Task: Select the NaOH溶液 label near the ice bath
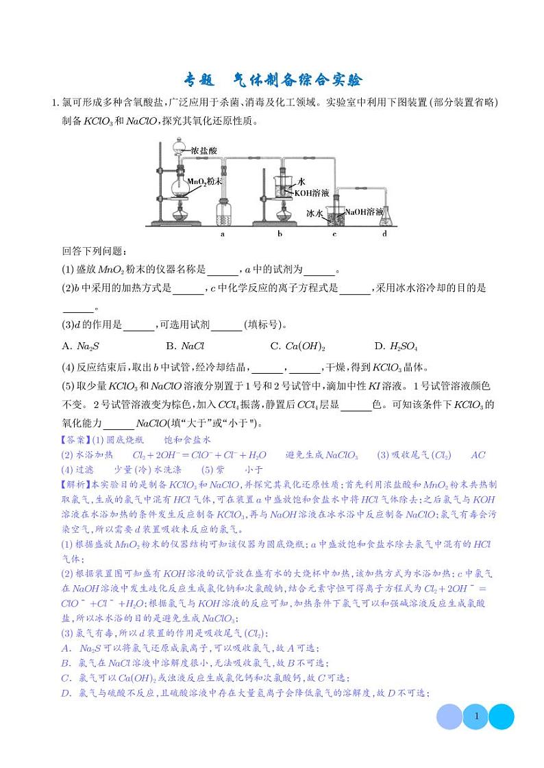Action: coord(363,212)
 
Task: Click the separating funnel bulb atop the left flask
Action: coord(179,145)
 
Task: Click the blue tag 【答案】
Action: coord(75,439)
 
